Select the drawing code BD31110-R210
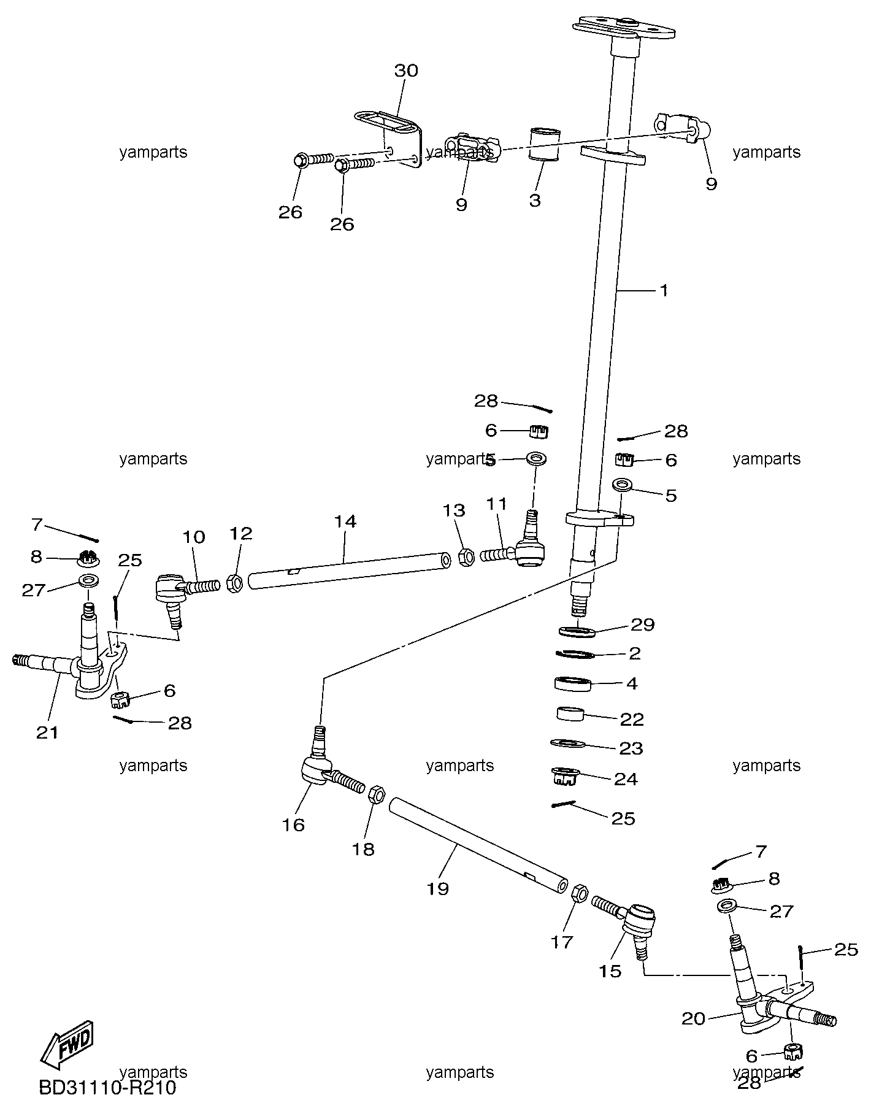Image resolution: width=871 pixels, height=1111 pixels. click(x=108, y=1088)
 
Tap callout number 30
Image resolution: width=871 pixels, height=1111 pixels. click(x=405, y=71)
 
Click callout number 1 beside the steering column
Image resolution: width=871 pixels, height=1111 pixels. click(x=663, y=290)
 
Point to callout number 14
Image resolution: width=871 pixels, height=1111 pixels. click(x=345, y=521)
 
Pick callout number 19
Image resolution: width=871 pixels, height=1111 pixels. click(x=438, y=888)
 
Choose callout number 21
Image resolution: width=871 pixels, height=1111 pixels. click(x=47, y=732)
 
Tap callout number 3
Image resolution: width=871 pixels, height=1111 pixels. click(x=535, y=200)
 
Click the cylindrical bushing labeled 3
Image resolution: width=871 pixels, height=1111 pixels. click(x=544, y=144)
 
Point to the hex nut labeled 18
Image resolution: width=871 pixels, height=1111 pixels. click(x=377, y=796)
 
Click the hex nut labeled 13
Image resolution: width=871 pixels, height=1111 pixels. click(x=466, y=556)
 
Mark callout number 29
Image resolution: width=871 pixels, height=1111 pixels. click(x=642, y=625)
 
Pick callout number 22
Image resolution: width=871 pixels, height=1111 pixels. click(x=631, y=718)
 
